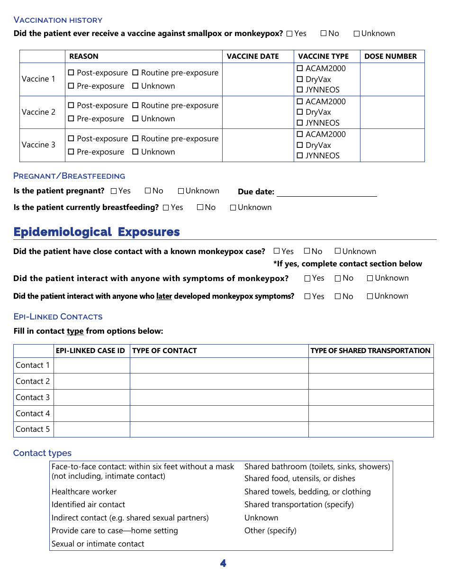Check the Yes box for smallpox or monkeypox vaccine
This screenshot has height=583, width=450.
(x=289, y=34)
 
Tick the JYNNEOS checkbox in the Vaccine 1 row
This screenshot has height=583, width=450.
(x=299, y=90)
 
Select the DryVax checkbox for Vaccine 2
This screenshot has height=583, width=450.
(x=299, y=112)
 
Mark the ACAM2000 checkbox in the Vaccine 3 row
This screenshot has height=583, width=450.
(x=299, y=135)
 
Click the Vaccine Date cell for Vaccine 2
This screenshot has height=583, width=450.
(x=258, y=112)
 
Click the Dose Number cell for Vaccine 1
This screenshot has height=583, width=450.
(x=392, y=79)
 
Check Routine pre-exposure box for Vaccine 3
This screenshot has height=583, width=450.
(x=135, y=139)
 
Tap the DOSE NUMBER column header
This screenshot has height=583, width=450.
(x=390, y=56)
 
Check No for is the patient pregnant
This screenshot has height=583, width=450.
(x=148, y=191)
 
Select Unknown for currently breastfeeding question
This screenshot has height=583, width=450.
(x=233, y=208)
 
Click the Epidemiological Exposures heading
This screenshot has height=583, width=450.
(x=97, y=232)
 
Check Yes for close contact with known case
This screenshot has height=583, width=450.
(x=277, y=251)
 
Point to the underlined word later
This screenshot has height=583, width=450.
(x=164, y=296)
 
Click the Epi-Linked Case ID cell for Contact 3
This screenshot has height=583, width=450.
(x=91, y=397)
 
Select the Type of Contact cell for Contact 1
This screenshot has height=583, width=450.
(x=219, y=365)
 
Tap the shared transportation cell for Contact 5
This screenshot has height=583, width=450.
(x=370, y=429)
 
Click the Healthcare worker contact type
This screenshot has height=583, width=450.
(x=84, y=492)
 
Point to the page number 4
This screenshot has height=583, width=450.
(x=223, y=564)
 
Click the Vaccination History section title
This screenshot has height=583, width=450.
(x=58, y=20)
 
